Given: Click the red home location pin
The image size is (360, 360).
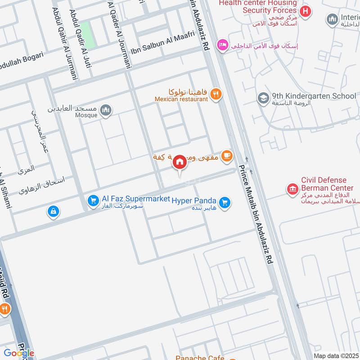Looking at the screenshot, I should pos(180,162).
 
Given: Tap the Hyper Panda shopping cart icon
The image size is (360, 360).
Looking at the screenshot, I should pos(225,203).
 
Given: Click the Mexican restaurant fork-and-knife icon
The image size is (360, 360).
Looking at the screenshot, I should pos(216,94).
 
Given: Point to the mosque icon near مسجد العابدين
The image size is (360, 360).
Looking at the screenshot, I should pos(105,110).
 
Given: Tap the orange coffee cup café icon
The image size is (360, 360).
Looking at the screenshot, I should pos(227,156).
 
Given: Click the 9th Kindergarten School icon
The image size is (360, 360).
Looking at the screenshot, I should pos(263,98).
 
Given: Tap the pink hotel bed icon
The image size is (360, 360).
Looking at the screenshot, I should pos(222,45).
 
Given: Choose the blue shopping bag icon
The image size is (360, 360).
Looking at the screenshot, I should pos(54,211).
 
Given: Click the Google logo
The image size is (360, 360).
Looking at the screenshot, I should pos(19,353).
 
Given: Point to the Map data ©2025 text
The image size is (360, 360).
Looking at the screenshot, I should pos(336,355).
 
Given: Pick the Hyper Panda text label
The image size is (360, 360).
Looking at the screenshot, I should pos(194,200).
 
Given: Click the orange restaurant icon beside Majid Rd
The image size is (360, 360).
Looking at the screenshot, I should pos(5,309).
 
